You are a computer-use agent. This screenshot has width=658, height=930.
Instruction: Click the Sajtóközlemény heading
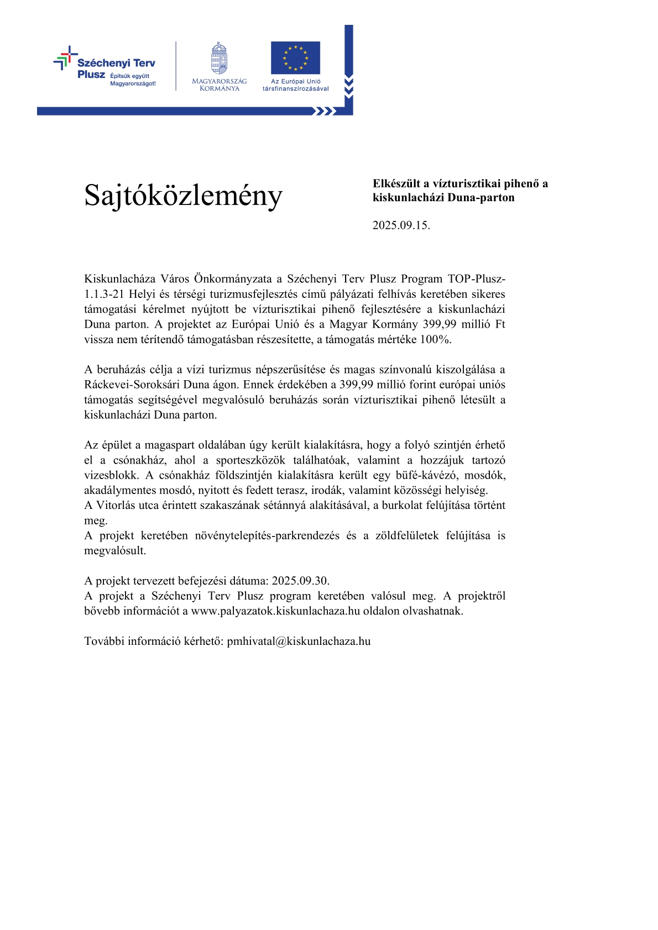[x=183, y=195]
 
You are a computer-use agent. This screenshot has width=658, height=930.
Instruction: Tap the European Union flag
[x=295, y=57]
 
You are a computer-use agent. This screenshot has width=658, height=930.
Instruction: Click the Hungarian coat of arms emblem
[x=219, y=58]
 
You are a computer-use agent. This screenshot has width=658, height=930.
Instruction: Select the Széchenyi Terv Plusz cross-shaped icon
[x=65, y=57]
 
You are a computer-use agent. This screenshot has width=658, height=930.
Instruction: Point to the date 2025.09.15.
[x=401, y=225]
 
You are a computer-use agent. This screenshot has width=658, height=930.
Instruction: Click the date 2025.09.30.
[x=300, y=581]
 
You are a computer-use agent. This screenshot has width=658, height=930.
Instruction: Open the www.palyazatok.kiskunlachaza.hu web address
[x=275, y=611]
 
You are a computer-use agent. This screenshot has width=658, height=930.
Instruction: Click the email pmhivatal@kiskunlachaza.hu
[x=299, y=642]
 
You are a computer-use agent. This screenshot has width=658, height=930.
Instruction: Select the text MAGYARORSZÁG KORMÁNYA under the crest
[x=219, y=85]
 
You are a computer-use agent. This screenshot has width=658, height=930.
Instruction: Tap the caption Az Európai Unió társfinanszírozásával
[x=295, y=85]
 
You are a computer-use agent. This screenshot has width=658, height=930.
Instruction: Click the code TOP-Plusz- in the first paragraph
[x=476, y=279]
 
